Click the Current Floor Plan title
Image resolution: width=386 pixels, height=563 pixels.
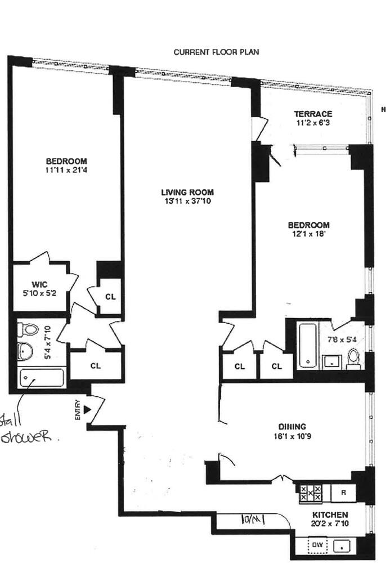216,52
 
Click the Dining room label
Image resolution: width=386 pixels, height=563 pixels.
292,426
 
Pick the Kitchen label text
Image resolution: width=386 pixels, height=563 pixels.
330,515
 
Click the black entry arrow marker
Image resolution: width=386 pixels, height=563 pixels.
86,409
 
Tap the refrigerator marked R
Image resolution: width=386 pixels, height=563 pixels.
343,492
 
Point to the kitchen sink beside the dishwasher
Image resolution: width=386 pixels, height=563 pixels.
343,545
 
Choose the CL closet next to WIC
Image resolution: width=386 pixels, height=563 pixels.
110,296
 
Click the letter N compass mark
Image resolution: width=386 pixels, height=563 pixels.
382,109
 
